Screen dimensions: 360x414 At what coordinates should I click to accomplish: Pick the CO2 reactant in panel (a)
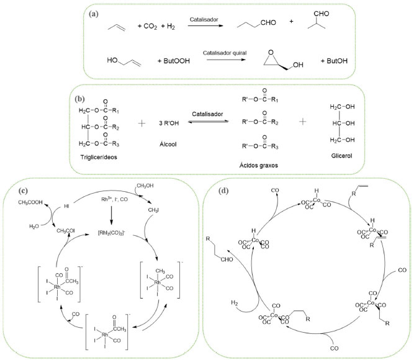point(145,27)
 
